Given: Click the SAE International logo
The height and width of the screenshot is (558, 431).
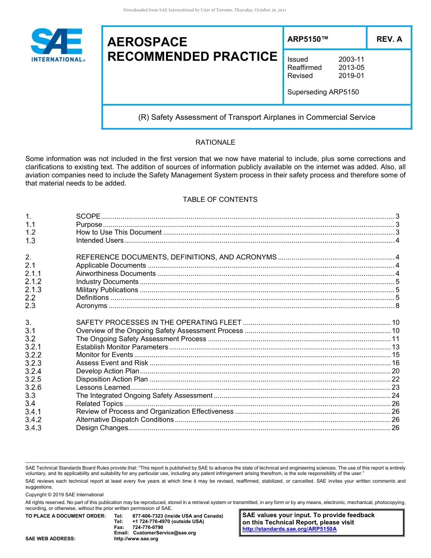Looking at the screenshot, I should (58, 45).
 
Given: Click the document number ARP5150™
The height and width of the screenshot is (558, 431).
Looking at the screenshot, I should (308, 39).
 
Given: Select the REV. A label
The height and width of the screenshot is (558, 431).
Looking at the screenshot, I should (389, 39).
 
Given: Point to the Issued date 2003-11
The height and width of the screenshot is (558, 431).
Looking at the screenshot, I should (351, 59).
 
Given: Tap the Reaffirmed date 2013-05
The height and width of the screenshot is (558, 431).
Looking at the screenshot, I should (351, 68).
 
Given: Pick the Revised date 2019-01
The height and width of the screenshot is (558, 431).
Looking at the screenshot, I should (351, 76).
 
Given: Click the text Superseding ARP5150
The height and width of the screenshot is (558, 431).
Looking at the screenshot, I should (323, 92).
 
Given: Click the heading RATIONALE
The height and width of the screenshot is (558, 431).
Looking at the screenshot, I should (215, 142).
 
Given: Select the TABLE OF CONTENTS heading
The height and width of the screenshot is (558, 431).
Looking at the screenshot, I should (220, 200).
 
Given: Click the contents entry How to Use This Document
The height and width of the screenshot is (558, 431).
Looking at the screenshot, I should (118, 233).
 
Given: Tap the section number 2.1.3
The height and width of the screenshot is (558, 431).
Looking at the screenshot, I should (33, 290).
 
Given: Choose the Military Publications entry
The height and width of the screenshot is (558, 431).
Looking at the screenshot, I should (107, 290).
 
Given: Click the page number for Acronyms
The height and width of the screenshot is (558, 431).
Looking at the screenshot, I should (397, 306).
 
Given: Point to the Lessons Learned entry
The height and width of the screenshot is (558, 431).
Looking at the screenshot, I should (103, 387).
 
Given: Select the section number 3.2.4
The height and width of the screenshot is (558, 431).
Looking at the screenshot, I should (33, 371).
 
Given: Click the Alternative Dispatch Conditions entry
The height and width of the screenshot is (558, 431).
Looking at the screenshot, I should (125, 420).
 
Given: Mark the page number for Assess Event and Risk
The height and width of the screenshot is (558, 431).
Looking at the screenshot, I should (395, 363).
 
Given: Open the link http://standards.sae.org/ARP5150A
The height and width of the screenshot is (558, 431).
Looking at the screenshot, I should (289, 529).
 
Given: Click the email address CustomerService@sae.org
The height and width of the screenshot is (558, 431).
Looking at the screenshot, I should (164, 533).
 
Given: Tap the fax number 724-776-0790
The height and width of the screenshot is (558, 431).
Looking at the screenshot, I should (147, 528).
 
